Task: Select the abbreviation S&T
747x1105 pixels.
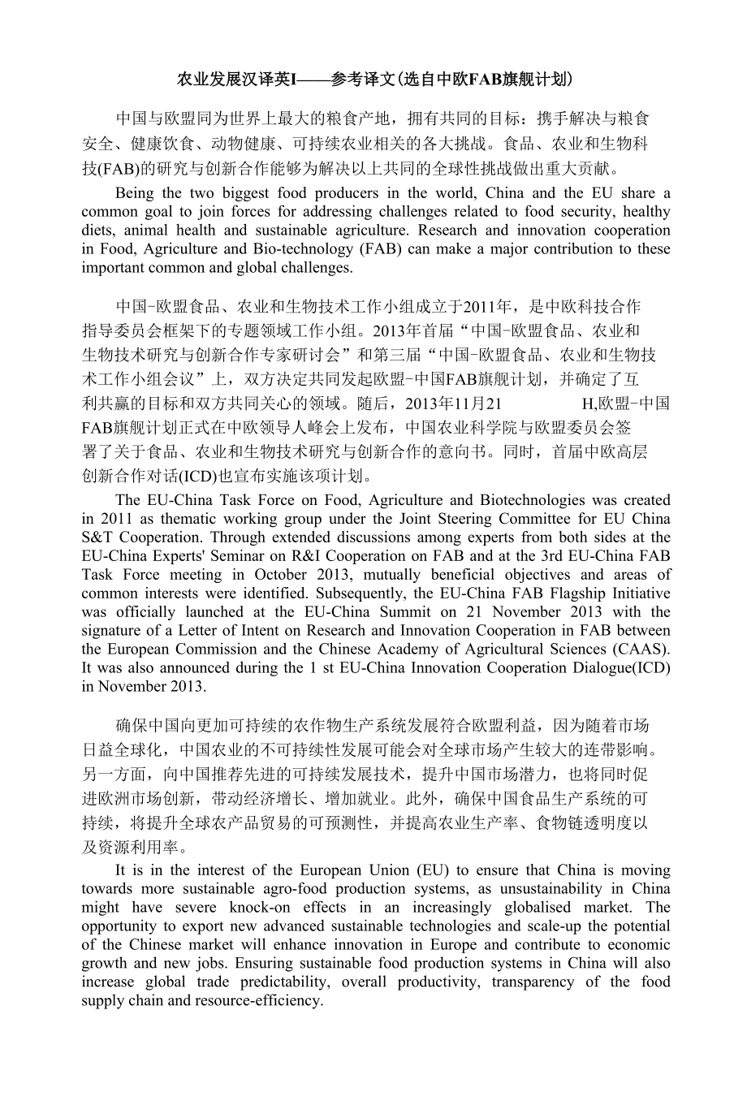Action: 101,537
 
